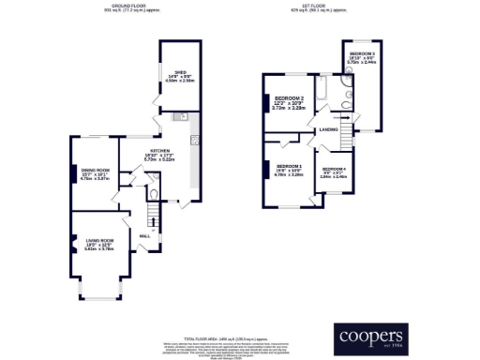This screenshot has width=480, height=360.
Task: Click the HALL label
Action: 146,234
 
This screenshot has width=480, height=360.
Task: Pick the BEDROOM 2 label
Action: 288,98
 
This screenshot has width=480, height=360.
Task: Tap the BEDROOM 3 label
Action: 362,55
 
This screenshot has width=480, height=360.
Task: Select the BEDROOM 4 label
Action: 334,168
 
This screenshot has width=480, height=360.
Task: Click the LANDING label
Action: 328,128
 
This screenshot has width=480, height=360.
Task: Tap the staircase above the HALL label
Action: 156,217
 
